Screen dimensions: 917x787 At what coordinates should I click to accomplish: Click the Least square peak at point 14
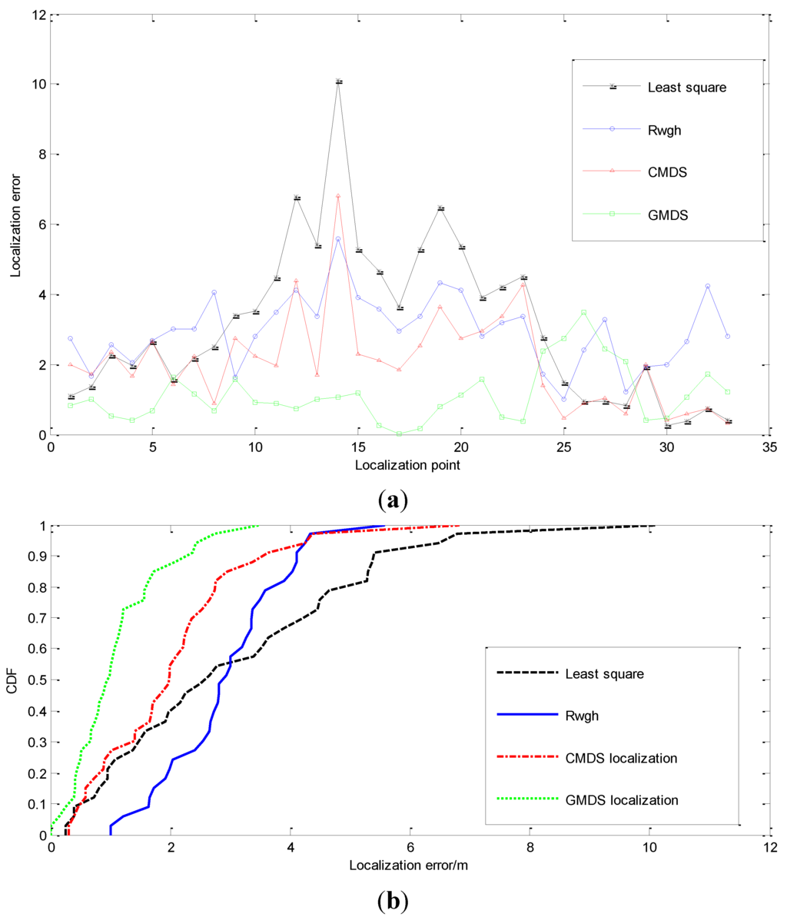(x=338, y=81)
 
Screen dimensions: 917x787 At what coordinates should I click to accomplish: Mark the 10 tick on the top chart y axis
(x=35, y=84)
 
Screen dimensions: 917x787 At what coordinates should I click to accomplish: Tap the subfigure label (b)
(x=393, y=899)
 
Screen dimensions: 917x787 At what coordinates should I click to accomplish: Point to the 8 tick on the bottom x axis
(x=530, y=847)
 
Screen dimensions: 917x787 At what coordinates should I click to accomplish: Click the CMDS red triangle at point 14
(x=338, y=196)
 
